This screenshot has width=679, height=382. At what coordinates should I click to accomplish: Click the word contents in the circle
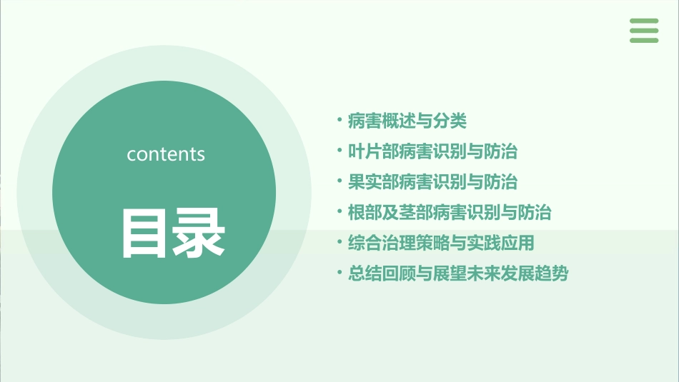pyautogui.click(x=166, y=154)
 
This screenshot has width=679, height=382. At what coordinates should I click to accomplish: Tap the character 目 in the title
pyautogui.click(x=143, y=233)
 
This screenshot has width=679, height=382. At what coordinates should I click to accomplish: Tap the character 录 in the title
pyautogui.click(x=199, y=233)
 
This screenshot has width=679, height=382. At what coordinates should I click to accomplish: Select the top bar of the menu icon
pyautogui.click(x=644, y=21)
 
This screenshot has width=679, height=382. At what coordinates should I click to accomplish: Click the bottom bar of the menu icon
pyautogui.click(x=644, y=40)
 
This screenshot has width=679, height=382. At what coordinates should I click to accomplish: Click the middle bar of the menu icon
pyautogui.click(x=644, y=31)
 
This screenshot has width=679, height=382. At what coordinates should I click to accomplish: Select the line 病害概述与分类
pyautogui.click(x=407, y=121)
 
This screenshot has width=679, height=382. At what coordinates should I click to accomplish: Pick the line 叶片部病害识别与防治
pyautogui.click(x=432, y=152)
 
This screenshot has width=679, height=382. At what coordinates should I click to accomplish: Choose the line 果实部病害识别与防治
pyautogui.click(x=432, y=182)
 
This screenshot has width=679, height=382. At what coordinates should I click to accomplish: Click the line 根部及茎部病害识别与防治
pyautogui.click(x=450, y=213)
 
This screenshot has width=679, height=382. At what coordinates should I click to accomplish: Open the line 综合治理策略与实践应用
pyautogui.click(x=441, y=243)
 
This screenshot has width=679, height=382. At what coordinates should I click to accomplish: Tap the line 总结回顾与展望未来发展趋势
pyautogui.click(x=458, y=273)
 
